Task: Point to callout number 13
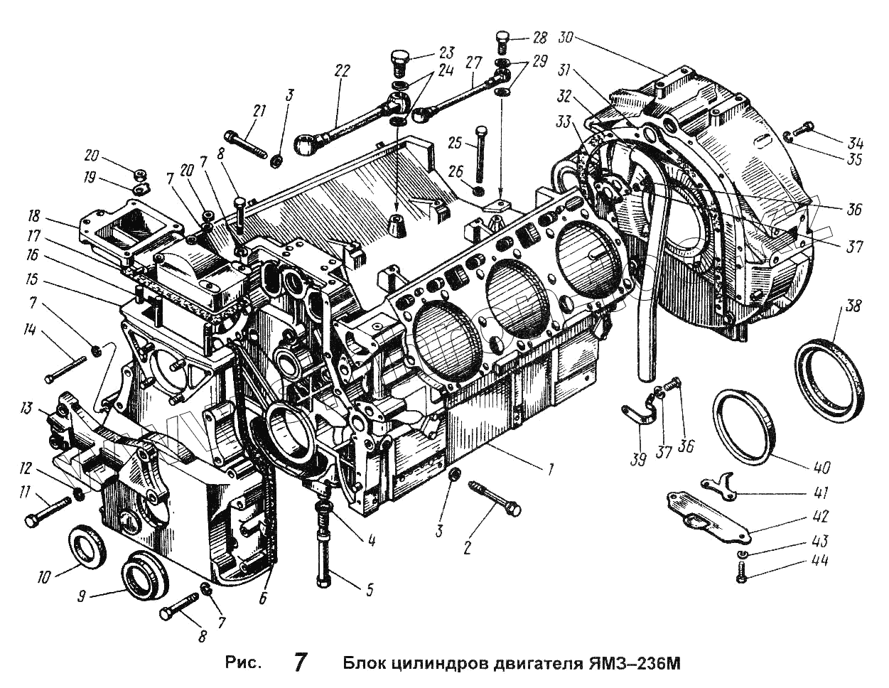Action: (x=27, y=408)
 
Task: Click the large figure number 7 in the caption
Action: (x=301, y=662)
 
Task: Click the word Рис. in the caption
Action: (x=244, y=663)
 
